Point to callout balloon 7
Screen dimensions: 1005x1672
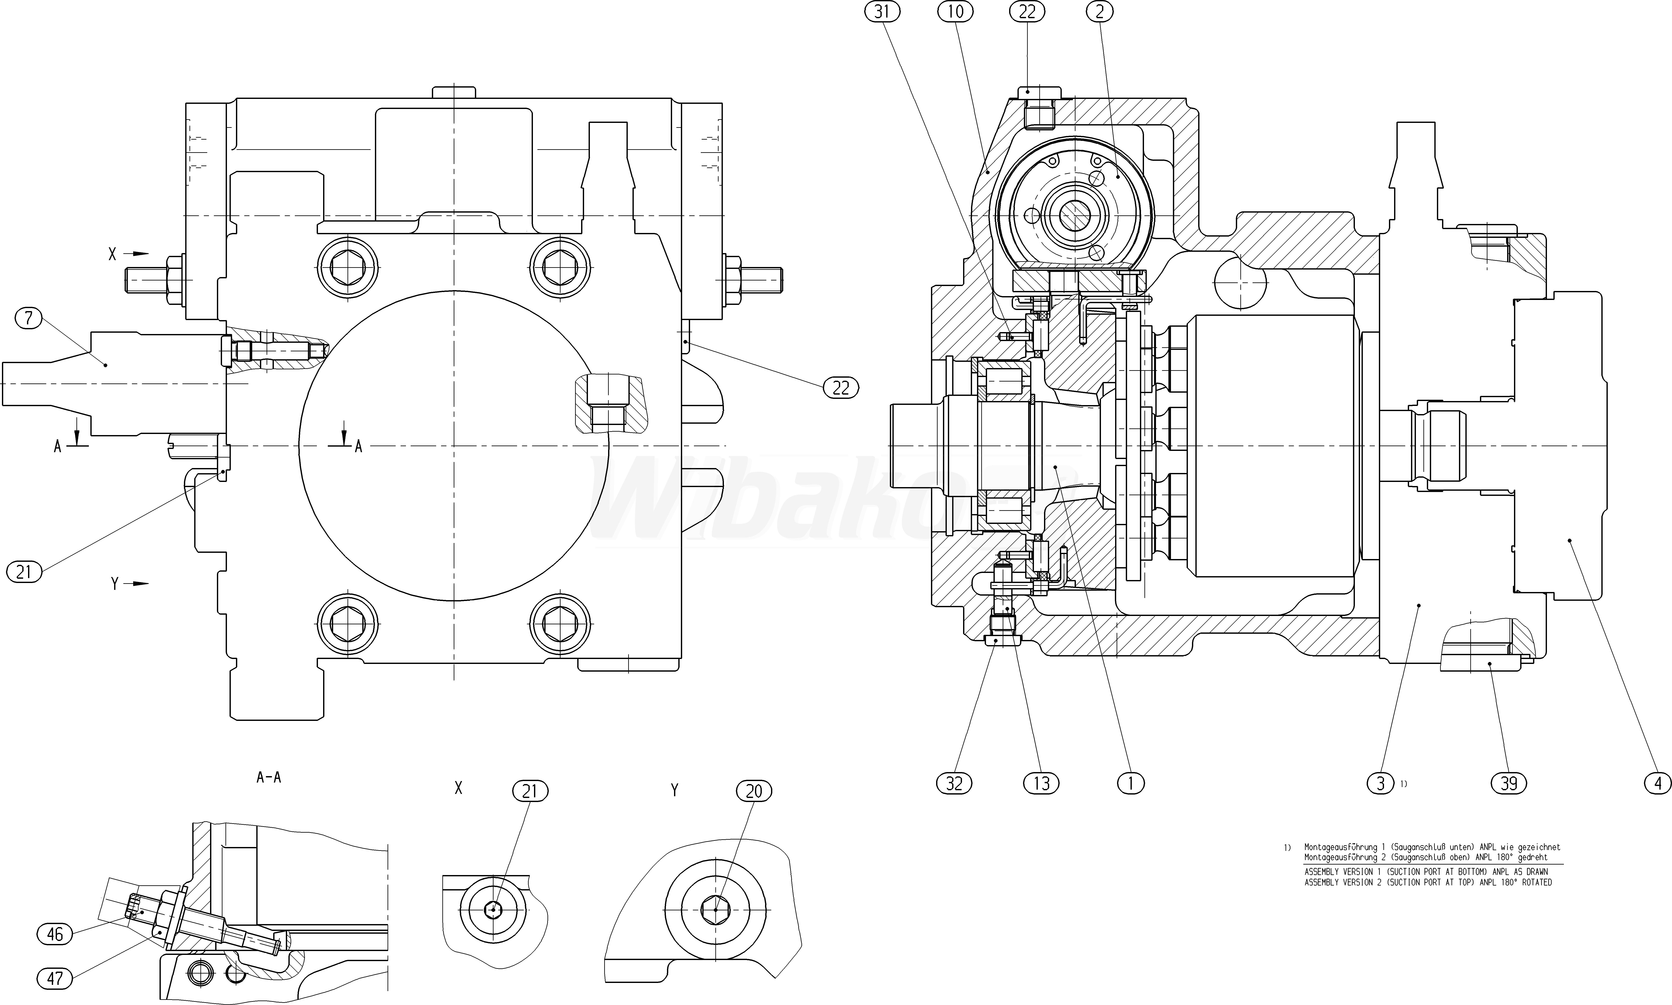click(x=28, y=318)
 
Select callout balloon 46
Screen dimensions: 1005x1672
click(x=54, y=935)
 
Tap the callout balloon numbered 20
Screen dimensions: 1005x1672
click(x=754, y=791)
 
